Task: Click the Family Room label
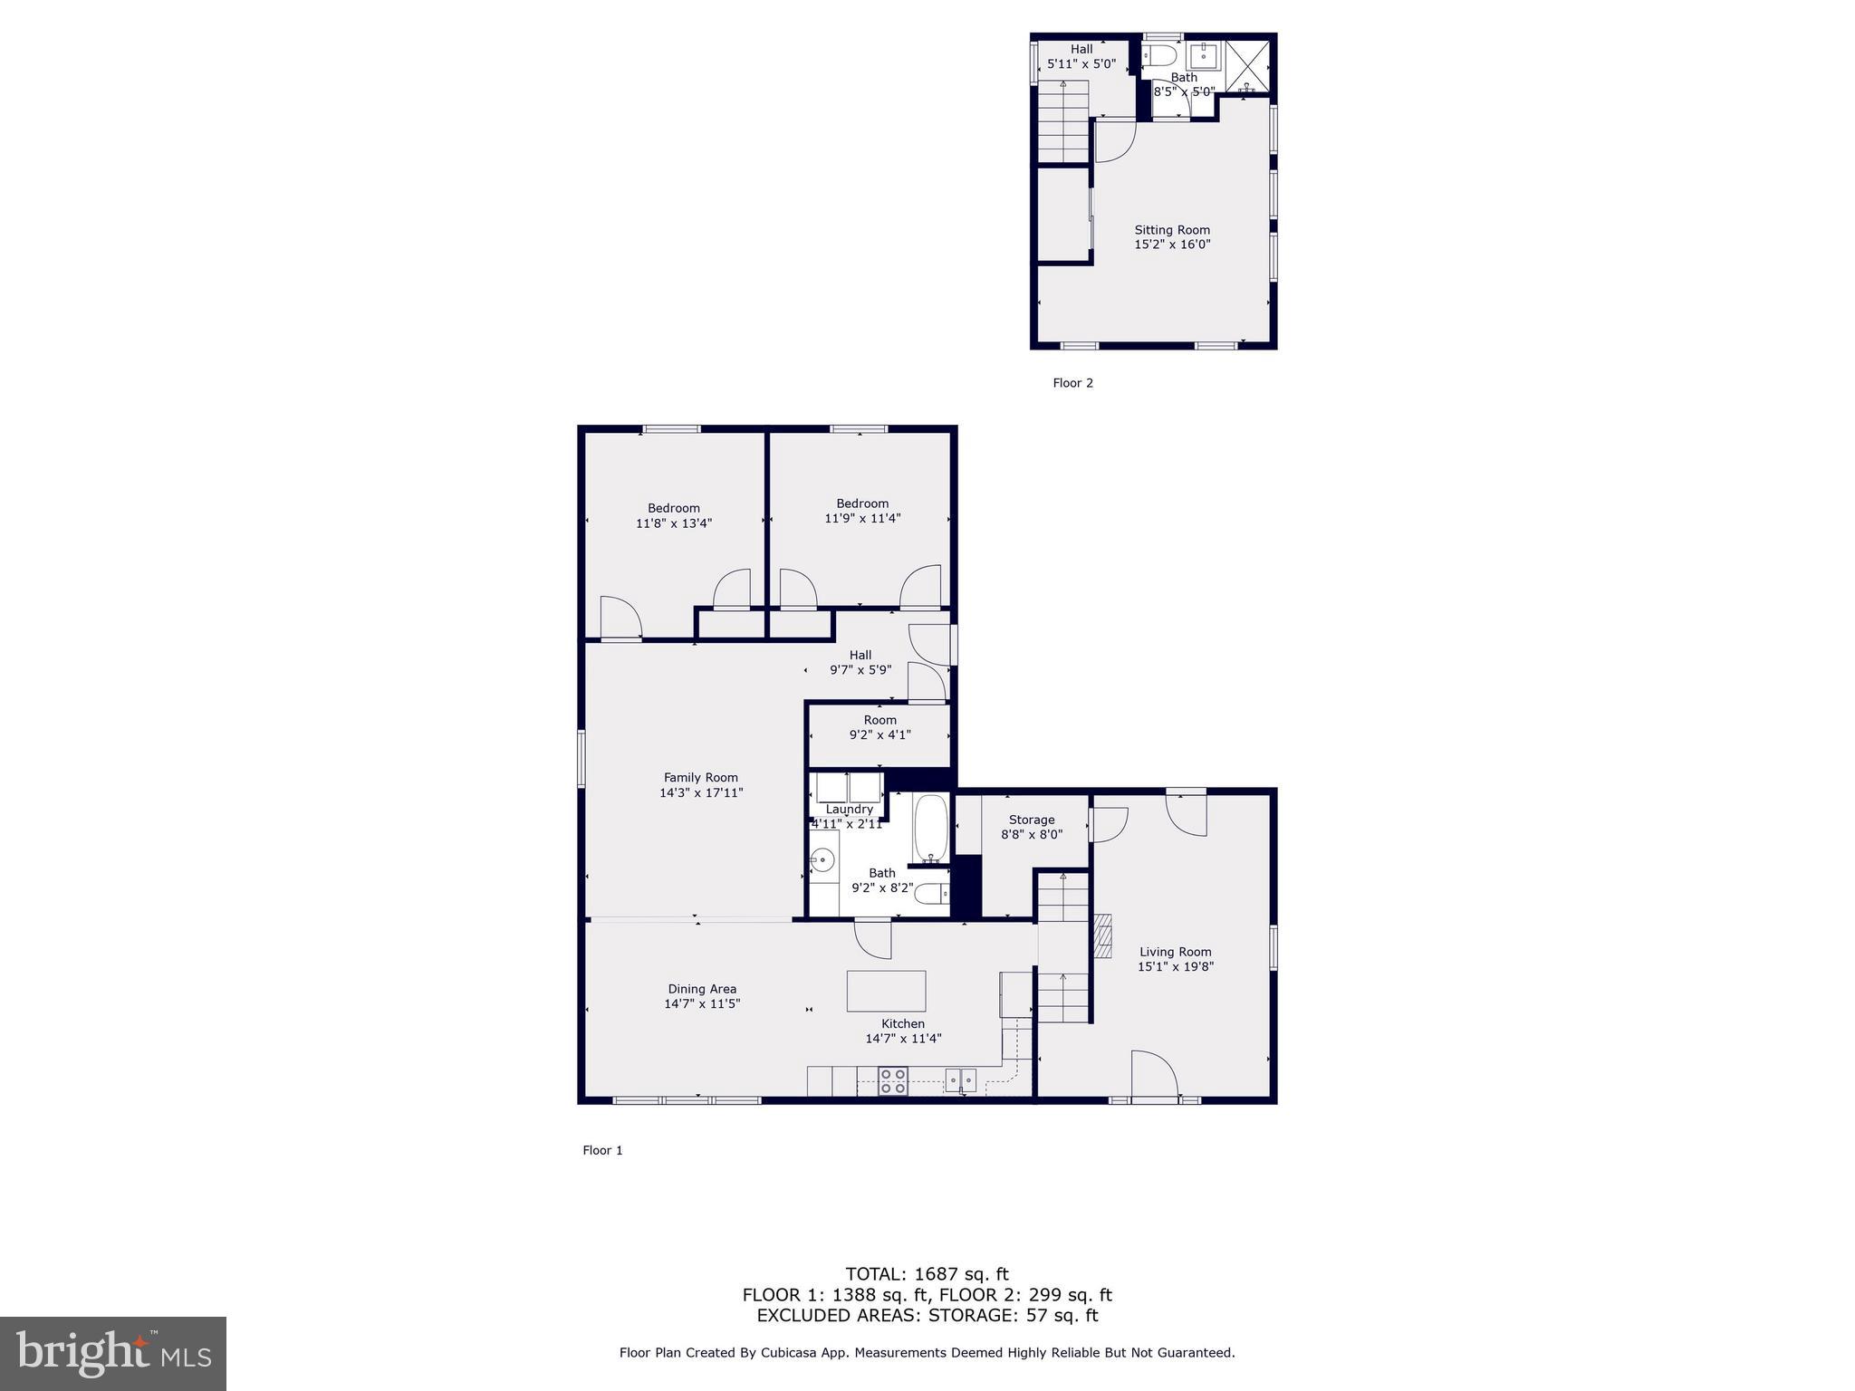[x=700, y=777]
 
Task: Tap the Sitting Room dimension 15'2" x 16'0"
[x=1172, y=245]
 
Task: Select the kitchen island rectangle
[x=886, y=991]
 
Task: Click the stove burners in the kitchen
[x=893, y=1081]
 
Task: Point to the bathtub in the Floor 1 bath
[x=930, y=828]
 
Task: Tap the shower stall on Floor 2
[x=1246, y=65]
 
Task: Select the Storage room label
[x=1031, y=820]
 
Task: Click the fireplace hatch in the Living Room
[x=1101, y=936]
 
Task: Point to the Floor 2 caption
[x=1072, y=383]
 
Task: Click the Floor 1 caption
[x=602, y=1150]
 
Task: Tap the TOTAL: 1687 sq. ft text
[x=927, y=1275]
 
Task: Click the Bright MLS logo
[x=113, y=1353]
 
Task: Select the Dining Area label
[x=702, y=989]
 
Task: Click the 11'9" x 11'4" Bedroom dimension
[x=862, y=519]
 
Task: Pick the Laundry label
[x=849, y=809]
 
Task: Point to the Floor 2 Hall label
[x=1081, y=49]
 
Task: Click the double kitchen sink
[x=960, y=1079]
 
